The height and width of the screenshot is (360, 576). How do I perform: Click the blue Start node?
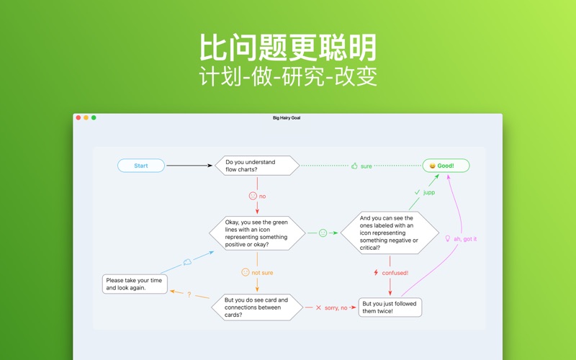click(141, 166)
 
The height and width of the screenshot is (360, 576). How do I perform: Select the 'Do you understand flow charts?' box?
click(257, 166)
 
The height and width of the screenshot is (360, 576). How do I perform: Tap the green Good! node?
click(446, 166)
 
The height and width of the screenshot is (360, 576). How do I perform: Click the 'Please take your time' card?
click(135, 284)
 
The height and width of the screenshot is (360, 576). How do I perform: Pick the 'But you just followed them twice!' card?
click(390, 307)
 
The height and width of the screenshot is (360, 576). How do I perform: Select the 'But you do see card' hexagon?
click(257, 307)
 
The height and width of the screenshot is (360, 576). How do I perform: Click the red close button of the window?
click(78, 117)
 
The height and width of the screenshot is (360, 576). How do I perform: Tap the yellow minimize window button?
click(86, 117)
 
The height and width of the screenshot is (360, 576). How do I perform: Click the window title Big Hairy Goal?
click(287, 117)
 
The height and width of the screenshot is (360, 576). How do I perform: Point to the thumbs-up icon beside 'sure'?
click(354, 166)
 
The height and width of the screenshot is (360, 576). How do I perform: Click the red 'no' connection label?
click(262, 196)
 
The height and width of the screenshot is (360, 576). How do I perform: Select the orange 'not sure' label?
click(262, 273)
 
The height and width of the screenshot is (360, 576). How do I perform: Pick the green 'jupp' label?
click(428, 193)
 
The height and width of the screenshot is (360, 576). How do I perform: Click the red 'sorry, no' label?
click(335, 307)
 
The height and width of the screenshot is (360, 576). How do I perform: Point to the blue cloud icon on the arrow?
click(187, 262)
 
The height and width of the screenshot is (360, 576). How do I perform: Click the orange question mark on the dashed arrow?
click(189, 294)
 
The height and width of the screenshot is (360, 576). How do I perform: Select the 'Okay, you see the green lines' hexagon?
click(257, 233)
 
